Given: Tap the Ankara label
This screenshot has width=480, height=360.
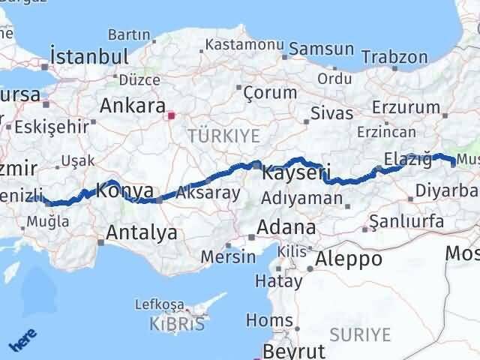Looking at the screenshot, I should pos(132,104).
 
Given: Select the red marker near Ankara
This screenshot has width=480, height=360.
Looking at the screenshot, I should pos(172,115).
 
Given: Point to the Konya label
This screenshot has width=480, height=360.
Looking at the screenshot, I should pos(126,190).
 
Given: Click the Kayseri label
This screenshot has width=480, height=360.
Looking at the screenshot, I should pos(296,173).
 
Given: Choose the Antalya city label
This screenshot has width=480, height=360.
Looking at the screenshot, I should pos(142,232).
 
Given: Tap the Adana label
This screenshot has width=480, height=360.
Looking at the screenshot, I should pos(286,226).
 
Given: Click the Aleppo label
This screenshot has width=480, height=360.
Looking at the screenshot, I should pos(349,259).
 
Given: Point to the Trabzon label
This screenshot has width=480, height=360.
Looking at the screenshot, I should pos(394,57).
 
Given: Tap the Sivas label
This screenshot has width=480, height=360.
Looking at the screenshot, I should pos(333,114).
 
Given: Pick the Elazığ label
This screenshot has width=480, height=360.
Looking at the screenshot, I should pos(408,158).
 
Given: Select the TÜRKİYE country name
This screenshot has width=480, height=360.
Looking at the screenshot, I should pos(223,136).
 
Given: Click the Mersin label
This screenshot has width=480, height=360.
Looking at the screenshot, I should pos(228,256).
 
